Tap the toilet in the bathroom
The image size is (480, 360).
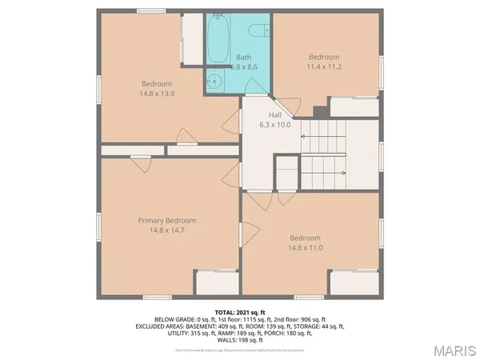tap(257, 30)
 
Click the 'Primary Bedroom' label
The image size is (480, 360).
tap(166, 221)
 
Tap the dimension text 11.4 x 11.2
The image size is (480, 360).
tap(325, 67)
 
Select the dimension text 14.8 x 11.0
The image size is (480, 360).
tap(305, 248)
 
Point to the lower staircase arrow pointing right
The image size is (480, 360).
tap(324, 171)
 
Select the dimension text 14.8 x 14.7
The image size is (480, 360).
tap(166, 230)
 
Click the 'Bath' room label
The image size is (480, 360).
tap(244, 57)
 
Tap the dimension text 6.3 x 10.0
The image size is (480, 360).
tap(275, 125)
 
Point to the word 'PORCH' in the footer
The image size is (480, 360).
tap(298, 333)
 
